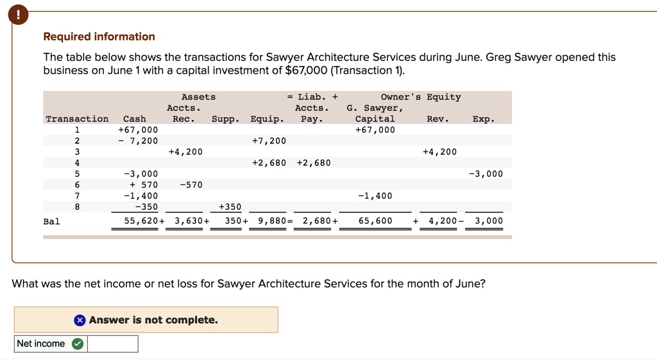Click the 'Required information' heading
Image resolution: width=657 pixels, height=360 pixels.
pos(99,37)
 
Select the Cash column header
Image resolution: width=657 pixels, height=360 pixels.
pos(134,119)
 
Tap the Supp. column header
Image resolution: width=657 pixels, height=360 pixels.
pos(225,119)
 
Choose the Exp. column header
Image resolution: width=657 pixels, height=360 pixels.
pos(482,119)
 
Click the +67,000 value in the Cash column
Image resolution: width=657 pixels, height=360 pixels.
pos(138,130)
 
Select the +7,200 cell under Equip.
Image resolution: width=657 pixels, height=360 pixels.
pos(269,141)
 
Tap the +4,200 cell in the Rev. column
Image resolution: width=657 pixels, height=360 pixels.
pos(439,152)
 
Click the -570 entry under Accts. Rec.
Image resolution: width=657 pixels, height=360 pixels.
pos(191,185)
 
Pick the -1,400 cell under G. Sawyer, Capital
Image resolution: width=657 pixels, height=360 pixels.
pos(375,196)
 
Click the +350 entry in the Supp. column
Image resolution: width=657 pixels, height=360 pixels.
pos(229,207)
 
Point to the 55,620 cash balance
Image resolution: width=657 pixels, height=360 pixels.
pos(141,221)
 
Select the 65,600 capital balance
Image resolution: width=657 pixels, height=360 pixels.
pos(375,221)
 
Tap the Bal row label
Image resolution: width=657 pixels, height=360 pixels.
pos(51,221)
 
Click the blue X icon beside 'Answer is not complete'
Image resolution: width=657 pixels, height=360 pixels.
pos(79,320)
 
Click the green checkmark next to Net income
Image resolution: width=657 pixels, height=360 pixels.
pos(77,344)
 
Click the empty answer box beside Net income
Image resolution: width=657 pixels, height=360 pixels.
pos(112,344)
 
